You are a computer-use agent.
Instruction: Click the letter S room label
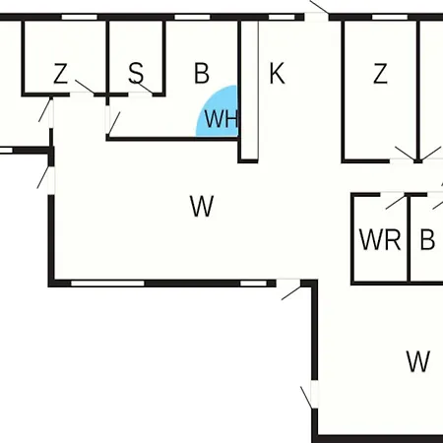[136, 73]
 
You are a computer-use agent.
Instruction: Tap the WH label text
[221, 118]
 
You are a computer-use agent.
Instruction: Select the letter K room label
[277, 74]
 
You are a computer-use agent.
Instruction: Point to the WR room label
[380, 240]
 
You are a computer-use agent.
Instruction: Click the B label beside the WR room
[427, 240]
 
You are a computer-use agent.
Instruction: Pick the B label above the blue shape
[202, 73]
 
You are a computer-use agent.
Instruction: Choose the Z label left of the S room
[60, 74]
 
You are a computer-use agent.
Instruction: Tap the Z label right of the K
[380, 74]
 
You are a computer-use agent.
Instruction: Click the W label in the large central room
[202, 206]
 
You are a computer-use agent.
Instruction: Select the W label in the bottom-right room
[417, 361]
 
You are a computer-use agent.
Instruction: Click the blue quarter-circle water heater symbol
[218, 111]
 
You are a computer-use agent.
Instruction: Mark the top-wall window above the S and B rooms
[192, 17]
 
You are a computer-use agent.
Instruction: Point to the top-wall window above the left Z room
[80, 17]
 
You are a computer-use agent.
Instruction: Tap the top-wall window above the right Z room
[390, 17]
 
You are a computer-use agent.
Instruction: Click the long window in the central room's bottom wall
[107, 284]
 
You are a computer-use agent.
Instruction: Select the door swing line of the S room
[144, 87]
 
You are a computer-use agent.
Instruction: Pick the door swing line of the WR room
[396, 202]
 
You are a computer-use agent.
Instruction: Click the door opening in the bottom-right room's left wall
[314, 394]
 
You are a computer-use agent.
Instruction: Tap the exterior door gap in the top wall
[316, 17]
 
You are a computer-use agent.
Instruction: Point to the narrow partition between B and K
[248, 92]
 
